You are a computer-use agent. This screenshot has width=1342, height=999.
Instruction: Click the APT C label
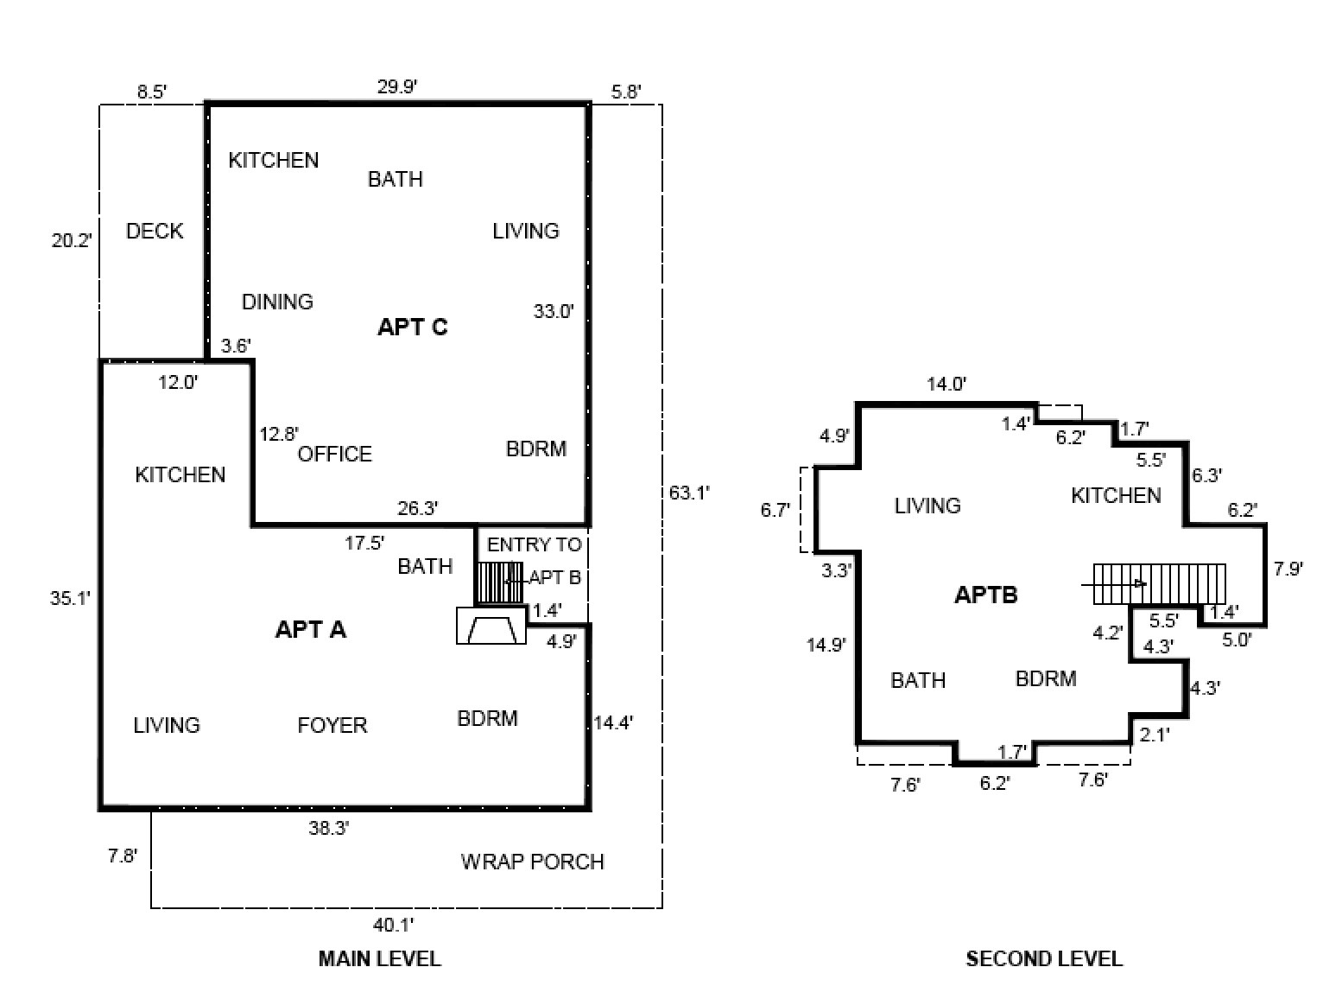pos(413,327)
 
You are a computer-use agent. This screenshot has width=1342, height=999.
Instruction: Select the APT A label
pos(310,630)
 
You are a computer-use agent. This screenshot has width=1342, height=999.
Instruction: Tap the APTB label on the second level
pos(986,595)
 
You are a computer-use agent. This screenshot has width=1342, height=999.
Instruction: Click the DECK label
pos(155,231)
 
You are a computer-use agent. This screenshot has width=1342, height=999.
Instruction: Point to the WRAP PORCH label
pos(533,862)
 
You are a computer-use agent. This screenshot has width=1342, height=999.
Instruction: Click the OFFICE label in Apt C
pos(334,454)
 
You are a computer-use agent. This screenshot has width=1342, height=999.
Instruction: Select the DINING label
pos(277,302)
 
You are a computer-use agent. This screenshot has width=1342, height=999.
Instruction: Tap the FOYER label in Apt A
pos(332,725)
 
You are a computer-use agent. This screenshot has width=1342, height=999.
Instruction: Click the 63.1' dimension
pos(689,493)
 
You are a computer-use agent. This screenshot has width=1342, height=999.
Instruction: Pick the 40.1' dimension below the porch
pos(393,926)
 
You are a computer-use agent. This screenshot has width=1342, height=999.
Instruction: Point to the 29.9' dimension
pos(397,86)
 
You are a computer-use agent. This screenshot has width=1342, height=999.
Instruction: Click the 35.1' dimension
pos(70,598)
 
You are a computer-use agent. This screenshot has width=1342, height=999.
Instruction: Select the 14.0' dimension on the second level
pos(946,384)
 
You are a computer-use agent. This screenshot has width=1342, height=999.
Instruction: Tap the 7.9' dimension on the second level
pos(1288,569)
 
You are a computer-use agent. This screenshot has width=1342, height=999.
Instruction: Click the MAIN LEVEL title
pos(379,959)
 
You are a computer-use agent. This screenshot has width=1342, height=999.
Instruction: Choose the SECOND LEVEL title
pos(1044,959)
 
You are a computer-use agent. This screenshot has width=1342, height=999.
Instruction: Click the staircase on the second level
pos(1159,584)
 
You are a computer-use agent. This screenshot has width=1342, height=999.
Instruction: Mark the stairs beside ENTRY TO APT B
pos(500,582)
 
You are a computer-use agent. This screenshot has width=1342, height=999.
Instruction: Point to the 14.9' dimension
pos(826,645)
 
